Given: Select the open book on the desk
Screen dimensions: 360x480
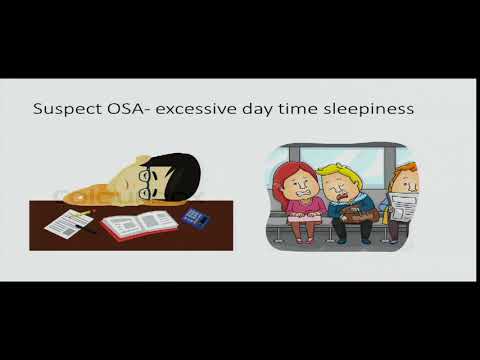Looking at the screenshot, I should [x=139, y=225].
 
